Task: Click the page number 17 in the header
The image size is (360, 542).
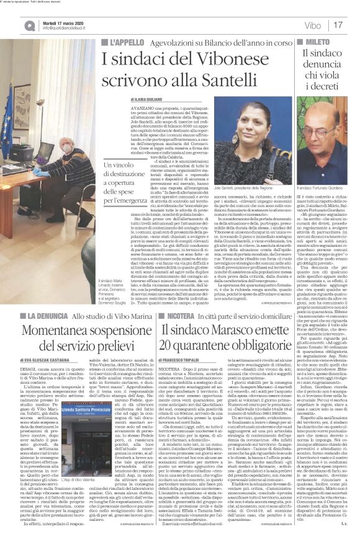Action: pyautogui.click(x=338, y=25)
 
